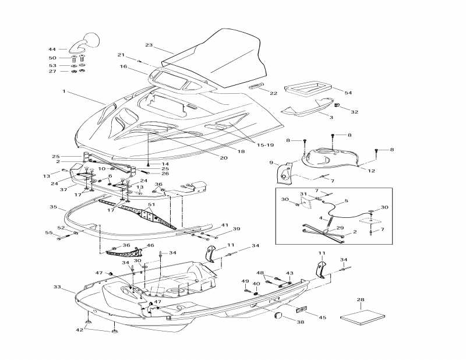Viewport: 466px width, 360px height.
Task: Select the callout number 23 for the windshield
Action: point(149,45)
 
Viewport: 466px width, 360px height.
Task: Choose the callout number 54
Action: point(348,93)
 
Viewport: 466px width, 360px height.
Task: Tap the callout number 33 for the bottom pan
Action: point(57,287)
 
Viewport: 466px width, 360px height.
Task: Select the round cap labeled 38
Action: point(278,316)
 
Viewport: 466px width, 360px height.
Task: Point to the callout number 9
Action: point(271,163)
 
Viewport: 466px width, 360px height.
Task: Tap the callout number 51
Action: point(151,204)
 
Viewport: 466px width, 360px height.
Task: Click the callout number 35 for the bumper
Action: point(53,207)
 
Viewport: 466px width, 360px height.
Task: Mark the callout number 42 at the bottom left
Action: point(79,330)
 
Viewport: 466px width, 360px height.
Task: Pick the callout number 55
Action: point(49,233)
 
